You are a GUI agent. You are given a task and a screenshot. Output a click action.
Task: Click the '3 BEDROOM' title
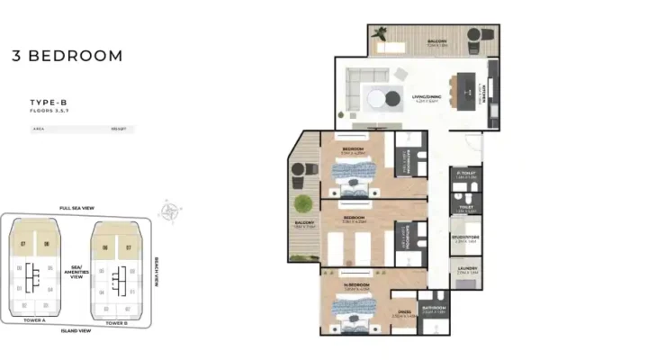point(67,56)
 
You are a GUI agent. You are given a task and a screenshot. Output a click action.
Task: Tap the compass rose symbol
point(169,212)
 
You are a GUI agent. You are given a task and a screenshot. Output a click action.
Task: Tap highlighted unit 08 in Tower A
point(46,244)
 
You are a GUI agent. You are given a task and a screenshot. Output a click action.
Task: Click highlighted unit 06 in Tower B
point(105,247)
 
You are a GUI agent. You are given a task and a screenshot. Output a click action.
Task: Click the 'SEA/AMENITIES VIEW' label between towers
point(76,272)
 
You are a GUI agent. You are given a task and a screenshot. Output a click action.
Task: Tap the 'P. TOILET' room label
point(465,175)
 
